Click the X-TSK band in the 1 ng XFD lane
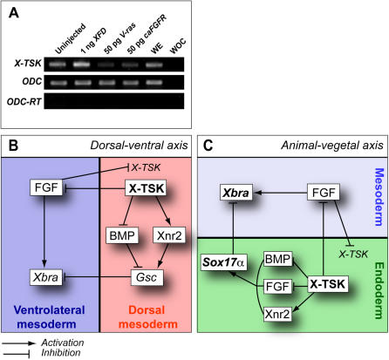(x=82, y=65)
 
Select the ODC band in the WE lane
(x=154, y=83)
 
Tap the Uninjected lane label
(x=71, y=38)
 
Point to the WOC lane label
(x=178, y=46)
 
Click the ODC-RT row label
(x=24, y=102)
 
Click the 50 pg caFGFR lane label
(x=147, y=34)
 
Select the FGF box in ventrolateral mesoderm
(x=46, y=187)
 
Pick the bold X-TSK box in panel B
(x=146, y=188)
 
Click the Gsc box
(x=147, y=277)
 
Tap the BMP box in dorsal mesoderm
(x=122, y=235)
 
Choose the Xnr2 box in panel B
(x=169, y=235)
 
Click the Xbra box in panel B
(x=46, y=277)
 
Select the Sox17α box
(x=224, y=262)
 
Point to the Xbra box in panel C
(x=235, y=193)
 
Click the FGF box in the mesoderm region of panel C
(x=324, y=192)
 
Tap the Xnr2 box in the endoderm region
(x=277, y=314)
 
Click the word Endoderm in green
(x=379, y=290)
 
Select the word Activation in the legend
(x=63, y=343)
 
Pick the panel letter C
(x=208, y=146)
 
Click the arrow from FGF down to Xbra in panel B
(x=44, y=231)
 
